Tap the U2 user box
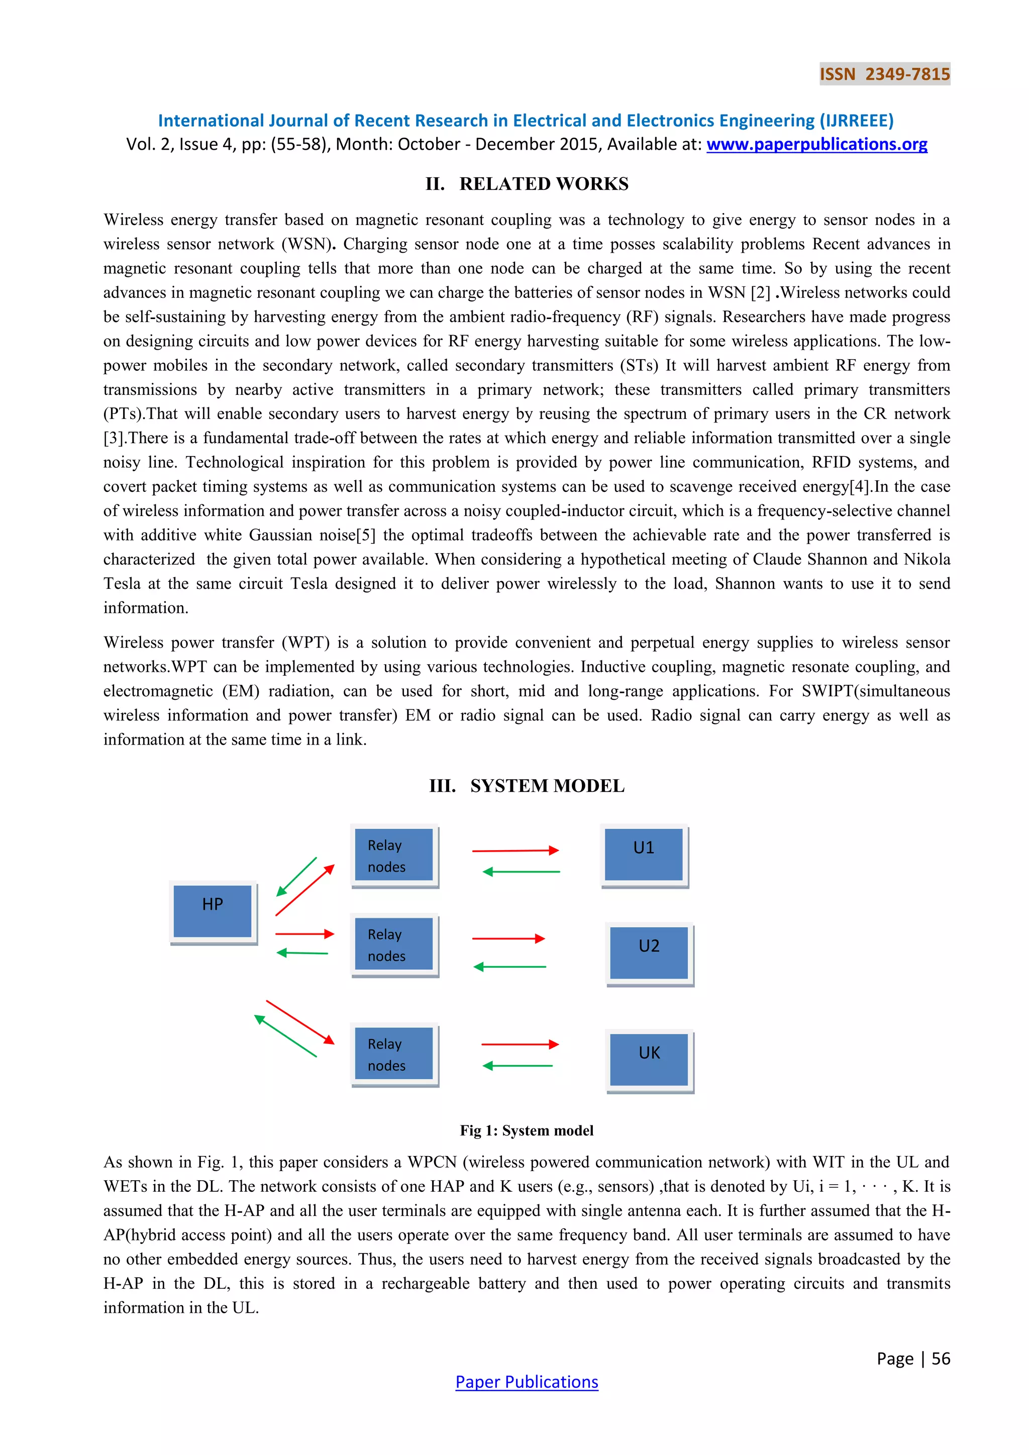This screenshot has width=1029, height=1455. pyautogui.click(x=649, y=953)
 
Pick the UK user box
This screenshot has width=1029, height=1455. pyautogui.click(x=649, y=1060)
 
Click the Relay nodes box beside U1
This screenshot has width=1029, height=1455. pyautogui.click(x=393, y=855)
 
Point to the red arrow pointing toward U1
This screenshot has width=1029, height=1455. pyautogui.click(x=515, y=851)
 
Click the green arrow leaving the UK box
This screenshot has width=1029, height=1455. pyautogui.click(x=517, y=1066)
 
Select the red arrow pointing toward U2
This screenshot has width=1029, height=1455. pyautogui.click(x=508, y=939)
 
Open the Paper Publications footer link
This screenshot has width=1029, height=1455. pyautogui.click(x=527, y=1382)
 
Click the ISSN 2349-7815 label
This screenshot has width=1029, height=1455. pyautogui.click(x=884, y=74)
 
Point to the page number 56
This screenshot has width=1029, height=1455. pyautogui.click(x=940, y=1359)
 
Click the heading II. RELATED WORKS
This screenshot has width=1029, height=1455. pyautogui.click(x=527, y=184)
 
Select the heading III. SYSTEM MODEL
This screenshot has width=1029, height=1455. pyautogui.click(x=527, y=786)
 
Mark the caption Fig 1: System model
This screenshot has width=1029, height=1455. pyautogui.click(x=527, y=1130)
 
